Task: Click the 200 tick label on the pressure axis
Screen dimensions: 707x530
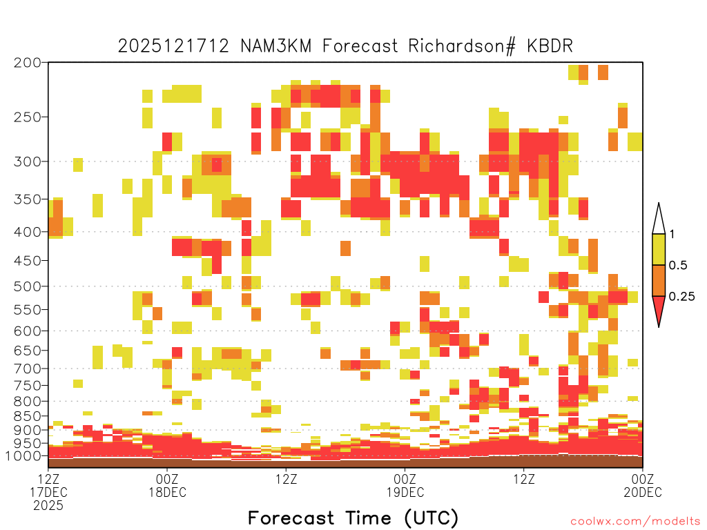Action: point(27,63)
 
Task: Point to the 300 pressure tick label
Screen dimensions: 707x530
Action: point(27,161)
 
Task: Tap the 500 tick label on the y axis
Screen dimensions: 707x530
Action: point(27,286)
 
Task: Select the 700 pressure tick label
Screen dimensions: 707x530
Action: point(27,369)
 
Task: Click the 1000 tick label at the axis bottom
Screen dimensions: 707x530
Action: point(23,455)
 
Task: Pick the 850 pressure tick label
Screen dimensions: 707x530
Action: point(27,416)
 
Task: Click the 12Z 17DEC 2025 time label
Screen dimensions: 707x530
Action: point(49,492)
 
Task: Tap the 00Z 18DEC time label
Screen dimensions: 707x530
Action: point(167,485)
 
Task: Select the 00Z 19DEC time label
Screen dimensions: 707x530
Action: point(405,485)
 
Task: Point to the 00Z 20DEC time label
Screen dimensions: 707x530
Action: point(643,485)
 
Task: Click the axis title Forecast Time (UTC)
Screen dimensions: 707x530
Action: point(353,518)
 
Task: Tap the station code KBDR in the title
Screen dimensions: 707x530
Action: point(550,46)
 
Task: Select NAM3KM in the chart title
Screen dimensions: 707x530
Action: point(276,46)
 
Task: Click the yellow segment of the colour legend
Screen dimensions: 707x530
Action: point(659,249)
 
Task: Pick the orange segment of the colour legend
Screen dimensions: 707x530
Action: point(659,280)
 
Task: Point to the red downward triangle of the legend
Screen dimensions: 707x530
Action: point(659,309)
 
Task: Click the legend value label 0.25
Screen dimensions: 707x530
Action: point(681,297)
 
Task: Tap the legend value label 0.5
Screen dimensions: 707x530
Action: point(678,266)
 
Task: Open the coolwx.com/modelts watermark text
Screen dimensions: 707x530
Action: point(635,522)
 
